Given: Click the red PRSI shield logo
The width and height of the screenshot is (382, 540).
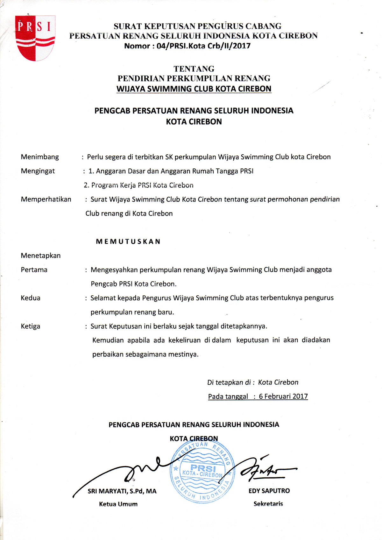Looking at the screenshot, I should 35,38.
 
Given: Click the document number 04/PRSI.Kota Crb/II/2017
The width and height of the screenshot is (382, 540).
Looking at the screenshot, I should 187,46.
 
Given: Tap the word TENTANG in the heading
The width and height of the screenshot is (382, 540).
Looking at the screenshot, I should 194,69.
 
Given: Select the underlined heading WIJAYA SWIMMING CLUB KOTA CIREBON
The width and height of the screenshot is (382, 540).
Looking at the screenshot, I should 194,88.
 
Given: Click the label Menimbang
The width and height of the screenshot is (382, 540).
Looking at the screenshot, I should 40,157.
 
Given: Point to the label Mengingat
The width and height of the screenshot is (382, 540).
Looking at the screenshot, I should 38,171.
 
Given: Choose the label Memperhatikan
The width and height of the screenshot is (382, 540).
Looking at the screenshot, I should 46,199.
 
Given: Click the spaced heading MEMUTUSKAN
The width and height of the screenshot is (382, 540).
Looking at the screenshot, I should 128,242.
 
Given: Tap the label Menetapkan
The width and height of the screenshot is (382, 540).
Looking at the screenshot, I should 41,256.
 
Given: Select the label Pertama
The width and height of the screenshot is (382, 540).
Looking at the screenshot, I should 34,270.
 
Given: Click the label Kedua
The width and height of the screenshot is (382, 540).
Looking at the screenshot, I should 31,298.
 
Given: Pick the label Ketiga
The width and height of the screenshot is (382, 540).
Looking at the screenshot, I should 31,326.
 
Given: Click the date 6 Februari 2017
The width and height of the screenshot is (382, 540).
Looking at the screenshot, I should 283,396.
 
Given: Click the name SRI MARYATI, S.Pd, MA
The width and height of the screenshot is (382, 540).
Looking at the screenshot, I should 122,491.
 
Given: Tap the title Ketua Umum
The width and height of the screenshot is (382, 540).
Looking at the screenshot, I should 118,504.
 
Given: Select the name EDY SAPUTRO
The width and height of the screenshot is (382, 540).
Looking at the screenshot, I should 269,491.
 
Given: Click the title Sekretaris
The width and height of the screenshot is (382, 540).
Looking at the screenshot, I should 268,504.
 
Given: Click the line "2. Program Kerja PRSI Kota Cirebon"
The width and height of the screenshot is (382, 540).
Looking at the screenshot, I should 138,185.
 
